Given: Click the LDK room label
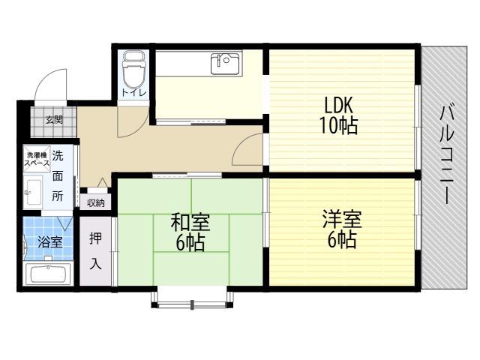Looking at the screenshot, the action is [338, 105].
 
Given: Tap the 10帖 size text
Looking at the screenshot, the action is [338, 125].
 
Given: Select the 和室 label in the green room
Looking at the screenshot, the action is [190, 223].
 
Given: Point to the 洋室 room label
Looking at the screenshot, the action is [342, 219].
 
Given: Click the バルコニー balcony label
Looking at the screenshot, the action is [447, 154].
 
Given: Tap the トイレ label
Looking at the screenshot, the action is [134, 92].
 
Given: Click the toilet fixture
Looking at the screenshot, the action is [133, 70].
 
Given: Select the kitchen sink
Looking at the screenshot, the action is [225, 64].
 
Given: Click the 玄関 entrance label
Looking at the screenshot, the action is [54, 120].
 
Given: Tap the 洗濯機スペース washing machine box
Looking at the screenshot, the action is [37, 159].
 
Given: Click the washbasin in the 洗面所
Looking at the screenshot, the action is [33, 192].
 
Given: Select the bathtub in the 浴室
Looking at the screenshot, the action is [48, 274].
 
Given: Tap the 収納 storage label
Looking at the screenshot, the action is [96, 202].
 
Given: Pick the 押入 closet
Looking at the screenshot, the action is [95, 251].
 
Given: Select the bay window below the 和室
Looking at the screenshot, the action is [192, 298].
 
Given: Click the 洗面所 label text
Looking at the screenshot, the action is [58, 176].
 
